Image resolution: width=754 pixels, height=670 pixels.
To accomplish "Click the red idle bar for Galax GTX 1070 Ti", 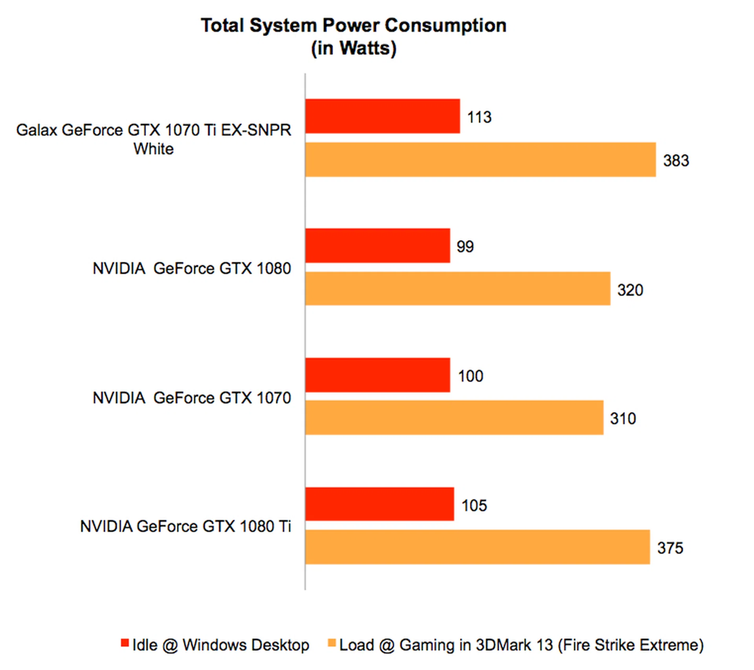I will point(382,116).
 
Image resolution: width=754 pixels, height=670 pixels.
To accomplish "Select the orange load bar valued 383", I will point(480,159).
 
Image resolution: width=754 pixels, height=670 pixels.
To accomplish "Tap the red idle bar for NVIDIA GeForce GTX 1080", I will point(377,246).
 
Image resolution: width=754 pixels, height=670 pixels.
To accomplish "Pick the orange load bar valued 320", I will point(458,288).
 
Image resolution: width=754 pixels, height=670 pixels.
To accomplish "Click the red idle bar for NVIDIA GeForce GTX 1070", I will point(377,375).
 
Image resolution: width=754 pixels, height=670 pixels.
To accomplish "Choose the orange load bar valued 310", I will point(454,418).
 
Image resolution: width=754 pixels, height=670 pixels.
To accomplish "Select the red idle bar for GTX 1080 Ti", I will point(379,504).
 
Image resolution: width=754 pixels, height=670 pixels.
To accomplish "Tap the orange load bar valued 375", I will point(478,547).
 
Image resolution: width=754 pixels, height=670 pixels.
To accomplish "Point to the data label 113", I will point(479,117).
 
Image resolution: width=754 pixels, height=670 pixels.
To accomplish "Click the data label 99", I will point(465,246).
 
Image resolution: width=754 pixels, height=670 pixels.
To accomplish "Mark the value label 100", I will point(470,376).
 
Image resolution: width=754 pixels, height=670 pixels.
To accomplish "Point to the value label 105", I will point(474,506).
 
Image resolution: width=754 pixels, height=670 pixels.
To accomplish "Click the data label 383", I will point(676,161).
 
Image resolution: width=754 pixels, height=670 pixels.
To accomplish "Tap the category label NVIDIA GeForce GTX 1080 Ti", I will point(185,526).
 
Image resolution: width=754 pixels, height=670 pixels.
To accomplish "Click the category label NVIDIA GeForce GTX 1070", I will point(192,398).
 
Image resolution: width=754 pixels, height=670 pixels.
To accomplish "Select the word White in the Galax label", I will point(154,149).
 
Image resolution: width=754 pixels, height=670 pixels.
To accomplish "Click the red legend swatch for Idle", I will point(125,643).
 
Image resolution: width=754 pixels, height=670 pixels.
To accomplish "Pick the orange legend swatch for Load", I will point(332,643).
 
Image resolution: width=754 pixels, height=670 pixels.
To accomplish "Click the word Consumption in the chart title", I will point(445,26).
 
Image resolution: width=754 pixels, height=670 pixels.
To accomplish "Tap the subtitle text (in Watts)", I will point(353,48).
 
